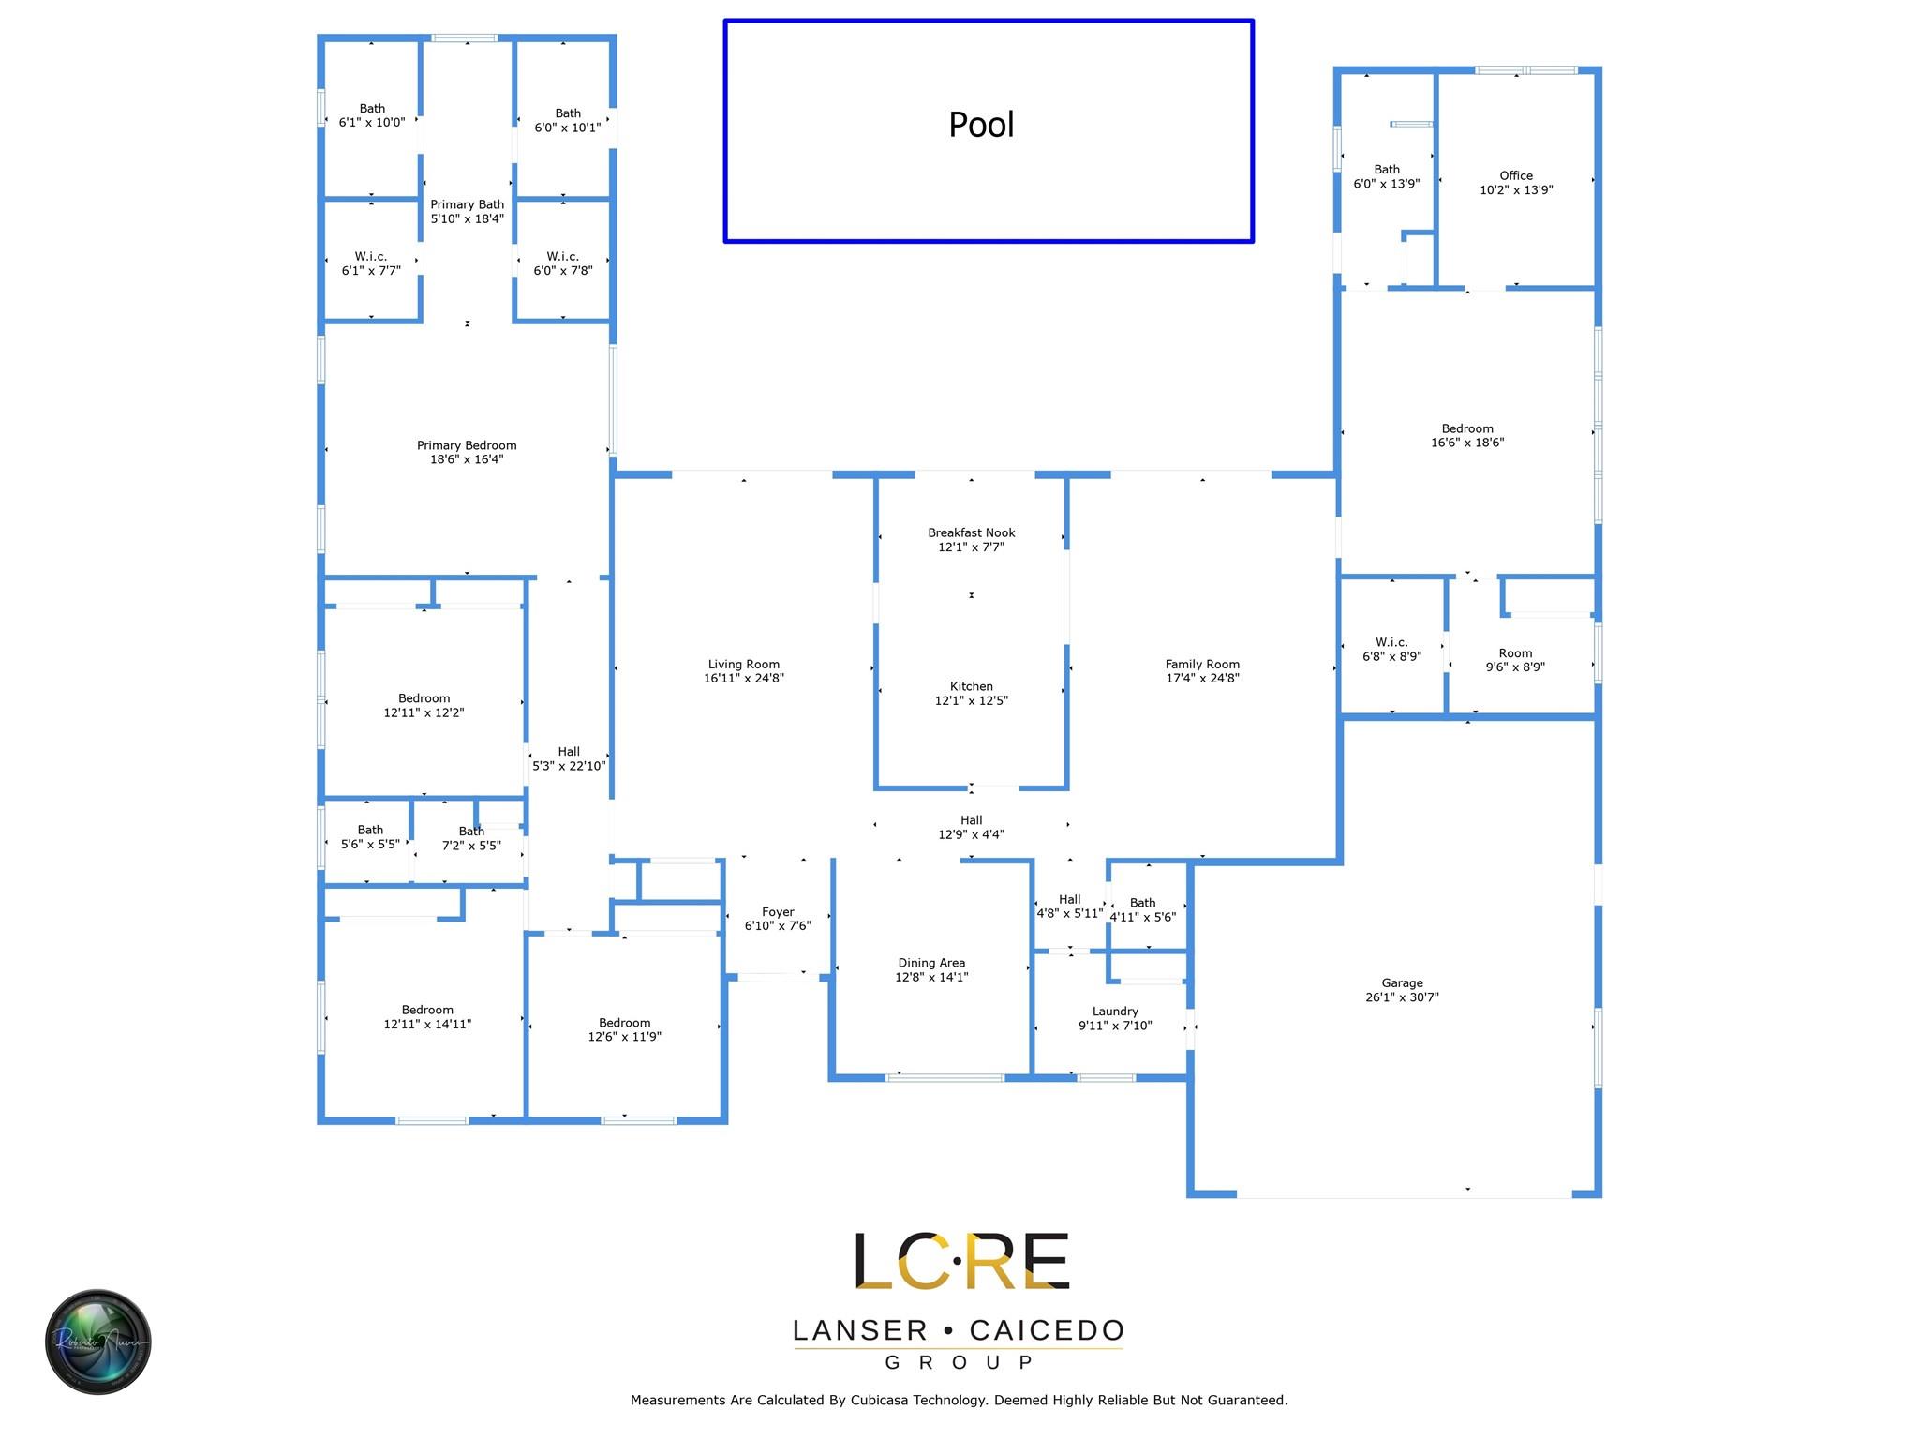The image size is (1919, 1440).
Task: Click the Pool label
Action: click(981, 125)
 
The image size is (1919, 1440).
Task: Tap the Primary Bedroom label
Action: click(467, 446)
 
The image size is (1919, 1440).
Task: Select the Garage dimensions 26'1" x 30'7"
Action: click(1402, 997)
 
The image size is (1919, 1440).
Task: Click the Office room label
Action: click(1516, 176)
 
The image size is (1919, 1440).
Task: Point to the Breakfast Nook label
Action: click(972, 533)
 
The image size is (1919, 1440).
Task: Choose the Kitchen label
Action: click(972, 687)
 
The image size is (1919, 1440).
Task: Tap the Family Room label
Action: click(1202, 665)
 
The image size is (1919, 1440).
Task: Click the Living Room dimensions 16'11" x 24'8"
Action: click(744, 679)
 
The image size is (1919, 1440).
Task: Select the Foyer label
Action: click(778, 912)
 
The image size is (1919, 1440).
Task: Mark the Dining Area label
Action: click(931, 963)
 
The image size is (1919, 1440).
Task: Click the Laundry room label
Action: click(1115, 1012)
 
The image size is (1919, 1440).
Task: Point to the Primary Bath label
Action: click(467, 204)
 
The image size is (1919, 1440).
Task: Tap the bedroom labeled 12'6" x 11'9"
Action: click(625, 1030)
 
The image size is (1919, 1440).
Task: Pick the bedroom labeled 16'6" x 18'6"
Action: click(1467, 436)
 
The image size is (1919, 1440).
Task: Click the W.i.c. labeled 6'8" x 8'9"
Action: click(1392, 650)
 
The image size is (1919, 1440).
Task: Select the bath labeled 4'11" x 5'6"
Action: click(1143, 910)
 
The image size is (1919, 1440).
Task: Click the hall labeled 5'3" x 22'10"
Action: click(569, 758)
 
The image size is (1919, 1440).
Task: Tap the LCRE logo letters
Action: click(960, 1261)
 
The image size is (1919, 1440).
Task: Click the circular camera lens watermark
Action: click(98, 1342)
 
